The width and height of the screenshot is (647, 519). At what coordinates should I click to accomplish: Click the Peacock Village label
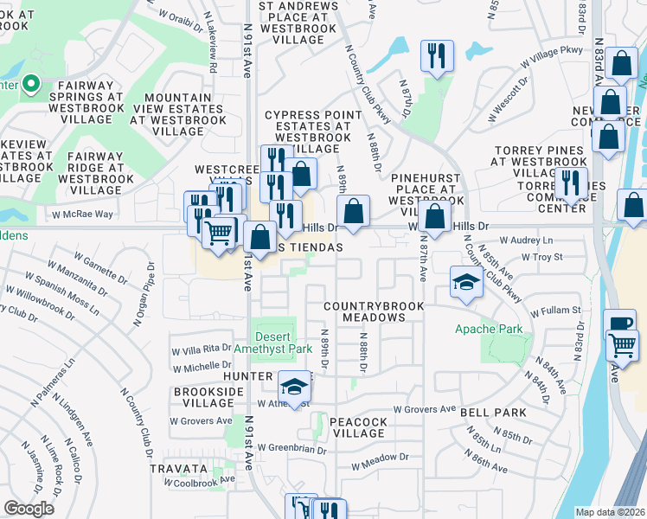tap(358, 427)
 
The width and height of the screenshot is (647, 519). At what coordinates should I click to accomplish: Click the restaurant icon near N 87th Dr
tap(438, 58)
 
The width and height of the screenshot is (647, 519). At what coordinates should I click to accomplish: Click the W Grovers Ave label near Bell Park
tap(424, 408)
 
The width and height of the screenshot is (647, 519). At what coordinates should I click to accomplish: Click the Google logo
tap(29, 508)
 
